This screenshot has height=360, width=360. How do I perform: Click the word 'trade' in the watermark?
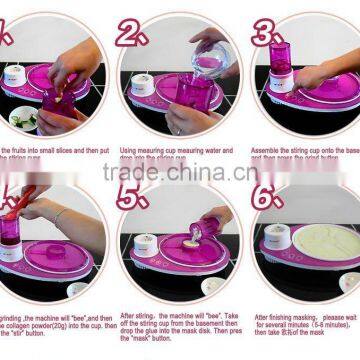pyautogui.click(x=148, y=171)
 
